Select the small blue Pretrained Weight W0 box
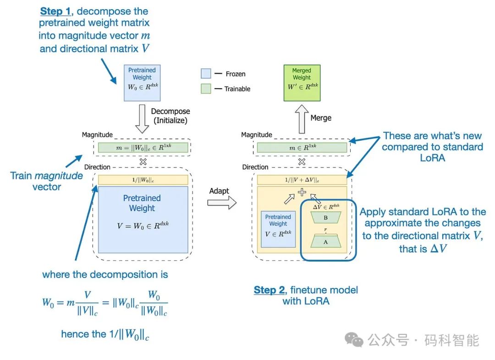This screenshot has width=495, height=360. pyautogui.click(x=142, y=82)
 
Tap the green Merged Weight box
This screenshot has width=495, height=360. pyautogui.click(x=302, y=82)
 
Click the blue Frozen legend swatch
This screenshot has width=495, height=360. pyautogui.click(x=206, y=74)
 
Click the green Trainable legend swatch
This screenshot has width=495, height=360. pyautogui.click(x=206, y=88)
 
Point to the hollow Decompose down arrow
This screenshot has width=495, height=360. pyautogui.click(x=142, y=117)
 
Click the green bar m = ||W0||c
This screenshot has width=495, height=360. pyautogui.click(x=142, y=147)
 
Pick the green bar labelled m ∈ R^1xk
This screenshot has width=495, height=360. pyautogui.click(x=302, y=147)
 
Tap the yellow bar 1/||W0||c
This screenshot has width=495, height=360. pyautogui.click(x=142, y=180)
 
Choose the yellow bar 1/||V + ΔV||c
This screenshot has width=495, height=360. pyautogui.click(x=302, y=180)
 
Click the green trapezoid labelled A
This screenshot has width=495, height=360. pyautogui.click(x=326, y=241)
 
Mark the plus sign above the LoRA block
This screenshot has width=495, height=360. pyautogui.click(x=302, y=192)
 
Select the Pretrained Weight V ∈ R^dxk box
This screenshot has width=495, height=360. pyautogui.click(x=278, y=229)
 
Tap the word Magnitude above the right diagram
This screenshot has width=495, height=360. pyautogui.click(x=257, y=135)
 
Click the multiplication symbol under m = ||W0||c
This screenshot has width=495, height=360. pyautogui.click(x=143, y=162)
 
